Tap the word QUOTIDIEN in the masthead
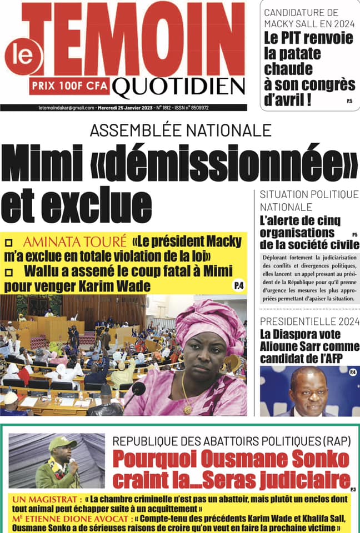point(178,86)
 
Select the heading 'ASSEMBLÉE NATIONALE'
point(181,131)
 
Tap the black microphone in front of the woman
point(137,389)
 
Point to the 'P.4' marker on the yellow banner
point(238,285)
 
